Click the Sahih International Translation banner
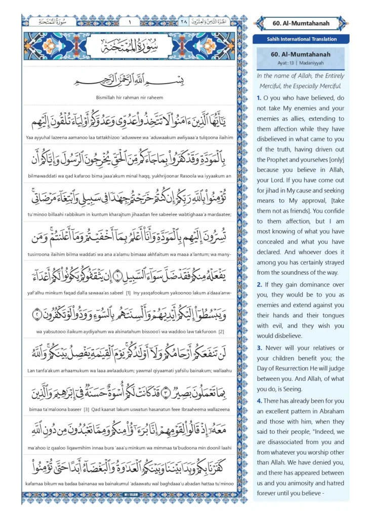tap(301, 39)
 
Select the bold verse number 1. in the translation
tap(259, 98)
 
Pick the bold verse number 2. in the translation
tap(259, 284)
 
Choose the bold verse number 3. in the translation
tap(259, 348)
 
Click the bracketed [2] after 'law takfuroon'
tap(221, 331)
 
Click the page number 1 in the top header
tap(130, 22)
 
